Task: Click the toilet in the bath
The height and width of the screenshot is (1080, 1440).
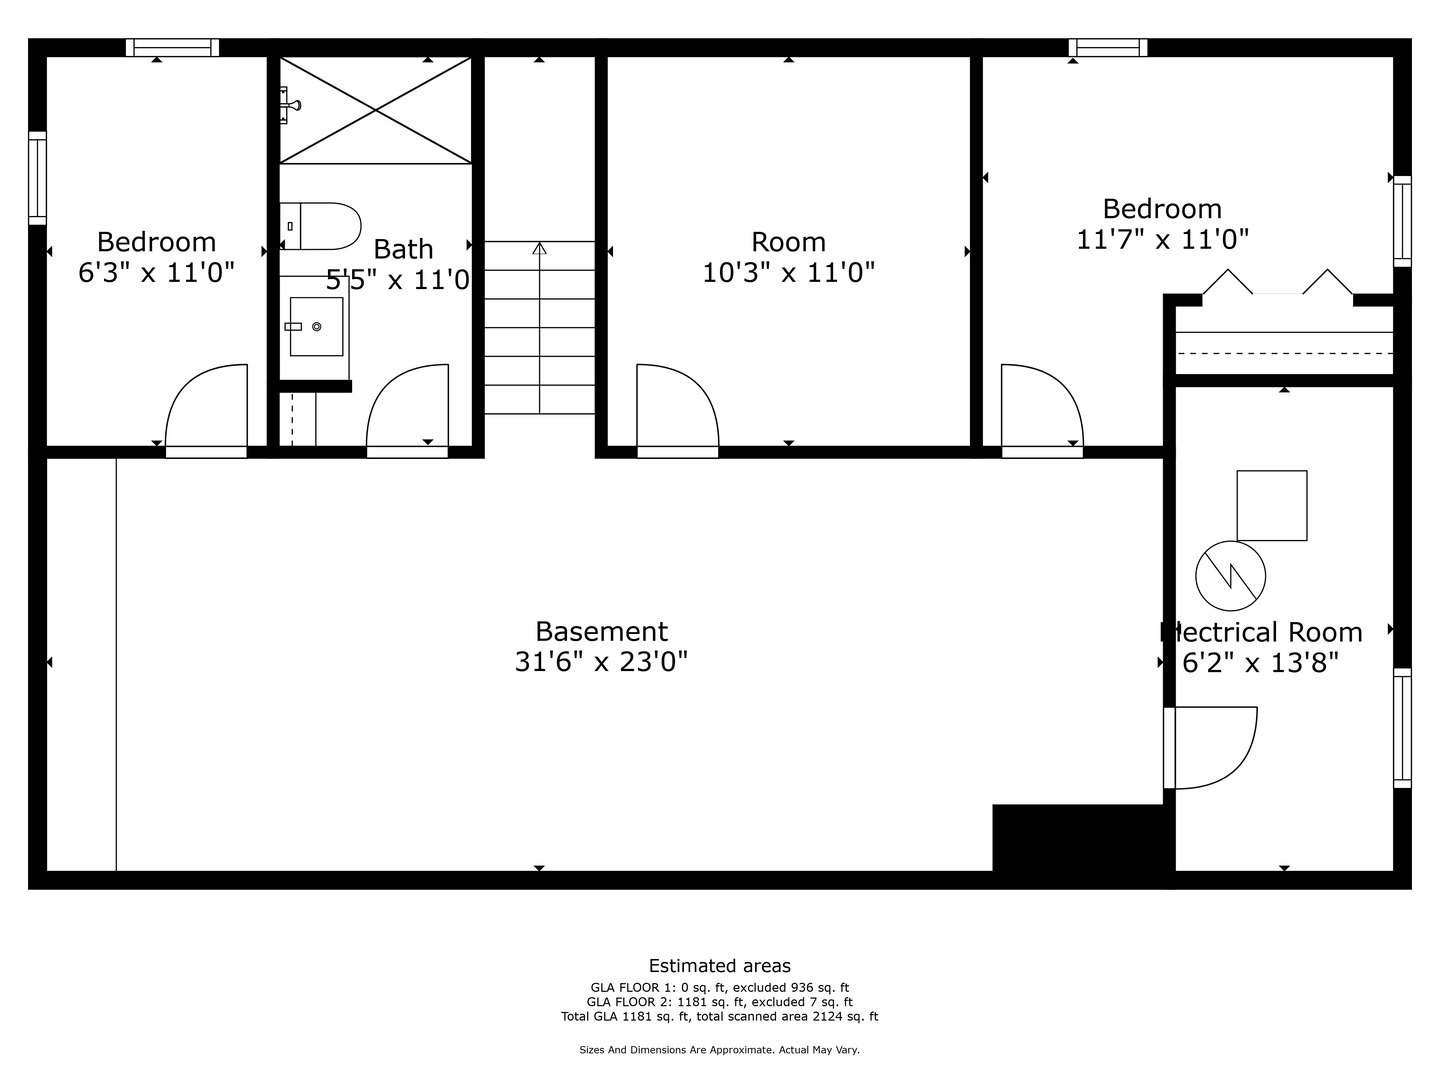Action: pos(322,226)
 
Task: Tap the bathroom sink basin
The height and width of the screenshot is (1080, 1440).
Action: pos(316,326)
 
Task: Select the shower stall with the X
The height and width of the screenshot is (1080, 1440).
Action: pos(375,110)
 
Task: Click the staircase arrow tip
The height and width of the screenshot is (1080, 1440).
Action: pos(540,247)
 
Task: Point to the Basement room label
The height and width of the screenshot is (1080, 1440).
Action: pos(601,631)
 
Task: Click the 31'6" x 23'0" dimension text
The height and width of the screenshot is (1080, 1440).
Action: pos(601,662)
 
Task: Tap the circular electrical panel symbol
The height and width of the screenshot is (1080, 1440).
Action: pos(1231,576)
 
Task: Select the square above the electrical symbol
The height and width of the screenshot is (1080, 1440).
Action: pos(1272,505)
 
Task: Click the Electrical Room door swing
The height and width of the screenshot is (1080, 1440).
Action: pos(1213,746)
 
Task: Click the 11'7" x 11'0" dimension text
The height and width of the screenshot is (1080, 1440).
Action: pos(1163,240)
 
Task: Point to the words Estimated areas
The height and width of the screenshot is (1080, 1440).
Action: pos(720,966)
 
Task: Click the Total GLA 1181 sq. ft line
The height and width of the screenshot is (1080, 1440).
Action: pos(720,1017)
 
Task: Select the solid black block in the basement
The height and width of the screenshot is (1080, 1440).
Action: pos(1078,838)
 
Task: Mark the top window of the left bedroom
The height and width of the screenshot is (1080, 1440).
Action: pos(173,47)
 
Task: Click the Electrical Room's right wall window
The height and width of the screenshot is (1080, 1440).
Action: pos(1402,727)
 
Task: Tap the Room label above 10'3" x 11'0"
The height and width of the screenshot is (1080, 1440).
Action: pos(788,242)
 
